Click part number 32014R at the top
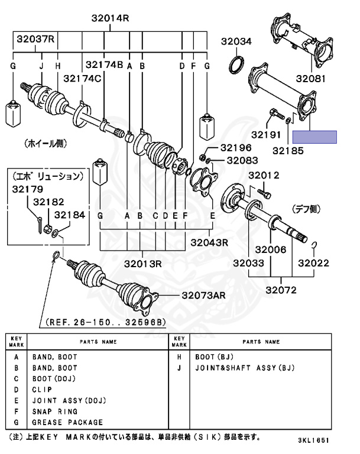point(110,18)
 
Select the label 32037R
point(35,39)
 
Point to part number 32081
point(310,79)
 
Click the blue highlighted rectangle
point(314,137)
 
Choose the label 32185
point(288,151)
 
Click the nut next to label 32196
point(202,157)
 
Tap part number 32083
point(242,160)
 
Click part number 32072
point(281,290)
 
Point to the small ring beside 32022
point(314,245)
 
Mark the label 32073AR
point(203,296)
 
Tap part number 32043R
point(209,242)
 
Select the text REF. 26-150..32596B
point(105,322)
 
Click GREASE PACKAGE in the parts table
point(67,423)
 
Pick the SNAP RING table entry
point(55,411)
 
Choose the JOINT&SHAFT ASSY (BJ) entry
point(245,368)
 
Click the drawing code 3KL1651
point(313,440)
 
